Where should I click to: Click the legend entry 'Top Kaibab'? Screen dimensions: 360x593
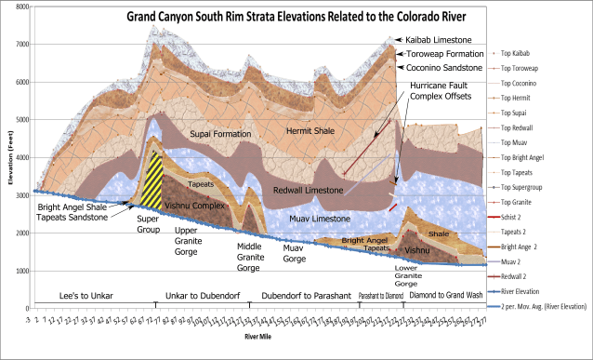pyautogui.click(x=535, y=54)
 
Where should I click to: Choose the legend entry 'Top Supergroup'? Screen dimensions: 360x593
pyautogui.click(x=539, y=187)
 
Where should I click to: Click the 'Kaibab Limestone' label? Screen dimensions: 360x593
pyautogui.click(x=438, y=40)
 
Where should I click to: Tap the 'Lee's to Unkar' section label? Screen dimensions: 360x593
pyautogui.click(x=85, y=296)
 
